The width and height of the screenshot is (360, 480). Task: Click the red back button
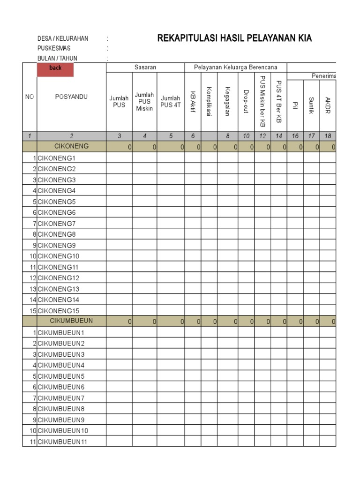[x=55, y=68]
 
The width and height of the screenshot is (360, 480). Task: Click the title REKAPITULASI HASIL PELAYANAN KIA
[x=235, y=38]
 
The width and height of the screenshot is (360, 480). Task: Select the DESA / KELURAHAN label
[x=63, y=38]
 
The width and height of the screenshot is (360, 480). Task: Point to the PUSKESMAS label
[x=54, y=48]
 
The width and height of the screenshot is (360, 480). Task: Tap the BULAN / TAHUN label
[x=58, y=58]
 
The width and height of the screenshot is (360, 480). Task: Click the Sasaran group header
[x=145, y=67]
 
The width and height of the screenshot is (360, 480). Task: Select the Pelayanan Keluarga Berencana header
[x=236, y=67]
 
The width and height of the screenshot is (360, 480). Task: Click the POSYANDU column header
[x=71, y=97]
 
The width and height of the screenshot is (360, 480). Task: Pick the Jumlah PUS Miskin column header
[x=145, y=102]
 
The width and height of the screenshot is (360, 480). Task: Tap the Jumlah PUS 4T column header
[x=171, y=102]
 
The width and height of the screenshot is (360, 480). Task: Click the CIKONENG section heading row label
[x=71, y=146]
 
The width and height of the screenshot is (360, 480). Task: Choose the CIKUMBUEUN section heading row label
[x=71, y=321]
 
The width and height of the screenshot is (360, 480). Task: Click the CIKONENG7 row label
[x=56, y=223]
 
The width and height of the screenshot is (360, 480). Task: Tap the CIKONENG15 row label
[x=58, y=310]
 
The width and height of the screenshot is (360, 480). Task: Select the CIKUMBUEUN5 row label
[x=60, y=376]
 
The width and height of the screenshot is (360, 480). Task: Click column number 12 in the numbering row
[x=262, y=136]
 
